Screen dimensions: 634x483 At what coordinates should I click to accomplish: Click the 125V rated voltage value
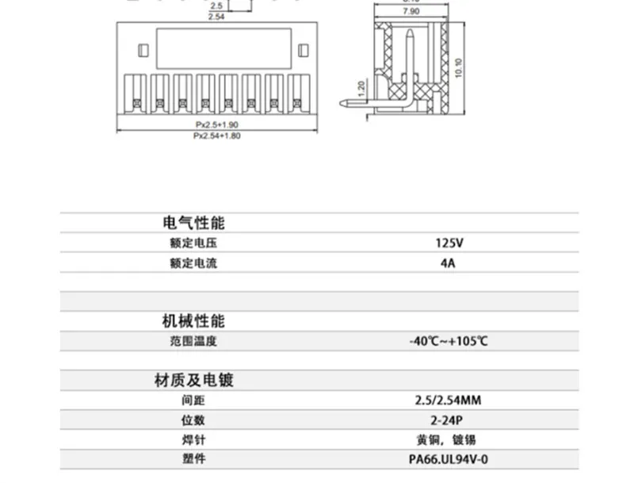[x=448, y=243]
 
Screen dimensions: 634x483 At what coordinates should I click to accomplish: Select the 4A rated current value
[x=448, y=263]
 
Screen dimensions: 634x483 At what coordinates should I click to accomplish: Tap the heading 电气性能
[x=193, y=223]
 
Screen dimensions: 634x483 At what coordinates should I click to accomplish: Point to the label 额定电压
[x=193, y=243]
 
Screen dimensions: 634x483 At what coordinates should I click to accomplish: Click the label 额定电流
[x=193, y=263]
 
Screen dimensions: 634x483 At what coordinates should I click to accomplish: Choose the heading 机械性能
[x=193, y=321]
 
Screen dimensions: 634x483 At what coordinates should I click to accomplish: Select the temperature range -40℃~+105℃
[x=449, y=342]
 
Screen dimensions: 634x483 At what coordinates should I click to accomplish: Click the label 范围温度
[x=193, y=342]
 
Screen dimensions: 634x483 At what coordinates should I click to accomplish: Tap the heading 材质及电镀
[x=193, y=380]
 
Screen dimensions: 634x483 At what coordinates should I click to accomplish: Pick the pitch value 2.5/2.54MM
[x=448, y=400]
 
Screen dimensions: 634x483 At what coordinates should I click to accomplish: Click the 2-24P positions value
[x=448, y=420]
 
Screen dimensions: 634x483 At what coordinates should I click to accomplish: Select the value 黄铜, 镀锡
[x=448, y=439]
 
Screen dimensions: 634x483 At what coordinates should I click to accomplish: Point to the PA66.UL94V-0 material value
[x=448, y=459]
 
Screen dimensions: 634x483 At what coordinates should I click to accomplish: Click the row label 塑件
[x=193, y=459]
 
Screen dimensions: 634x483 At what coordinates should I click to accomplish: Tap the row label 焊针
[x=193, y=439]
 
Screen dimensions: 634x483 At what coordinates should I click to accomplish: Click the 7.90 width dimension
[x=411, y=13]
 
